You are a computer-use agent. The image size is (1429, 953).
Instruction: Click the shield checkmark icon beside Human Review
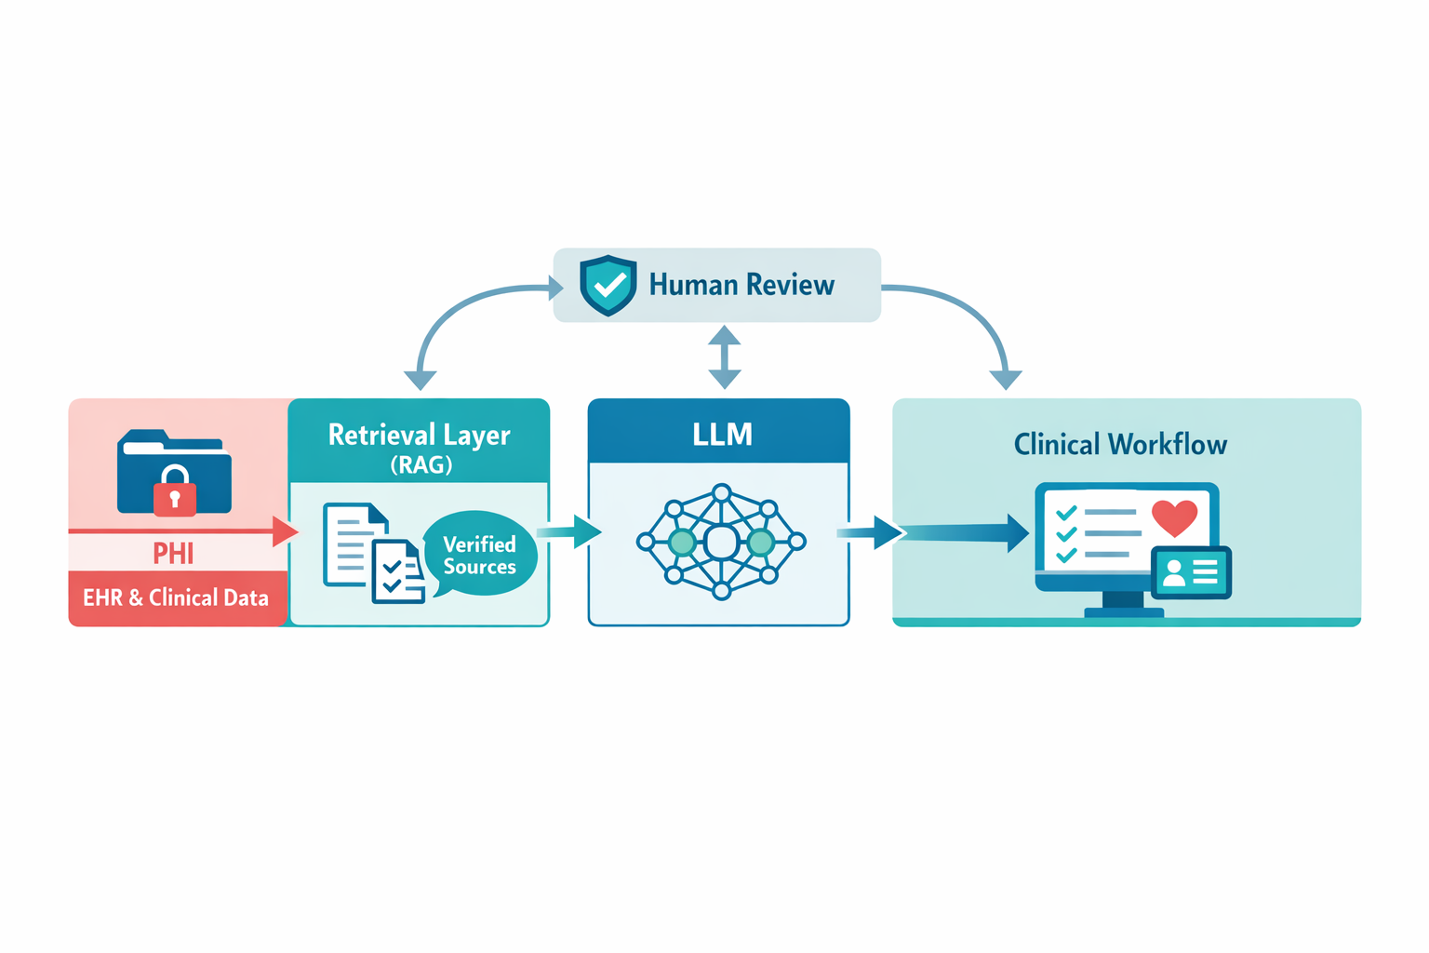[x=608, y=285]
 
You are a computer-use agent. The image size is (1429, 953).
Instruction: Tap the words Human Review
[x=741, y=285]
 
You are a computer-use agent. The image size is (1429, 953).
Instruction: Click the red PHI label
[x=174, y=554]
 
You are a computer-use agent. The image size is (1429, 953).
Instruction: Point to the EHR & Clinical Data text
[x=176, y=597]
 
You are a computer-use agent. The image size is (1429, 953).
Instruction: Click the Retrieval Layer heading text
[x=420, y=435]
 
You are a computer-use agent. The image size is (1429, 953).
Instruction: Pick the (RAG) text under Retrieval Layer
[x=421, y=464]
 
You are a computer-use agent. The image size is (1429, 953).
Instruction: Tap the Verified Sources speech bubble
[x=480, y=555]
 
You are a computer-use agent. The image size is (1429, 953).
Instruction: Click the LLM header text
[x=722, y=435]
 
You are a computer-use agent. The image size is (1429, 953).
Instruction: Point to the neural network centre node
[x=721, y=542]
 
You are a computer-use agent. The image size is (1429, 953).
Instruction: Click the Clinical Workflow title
[x=1120, y=445]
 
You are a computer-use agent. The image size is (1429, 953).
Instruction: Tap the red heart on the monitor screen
[x=1174, y=517]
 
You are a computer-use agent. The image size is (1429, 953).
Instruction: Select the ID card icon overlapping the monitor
[x=1191, y=571]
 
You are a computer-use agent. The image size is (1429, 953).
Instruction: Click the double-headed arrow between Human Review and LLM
[x=724, y=356]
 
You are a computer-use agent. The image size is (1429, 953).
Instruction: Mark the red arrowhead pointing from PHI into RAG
[x=285, y=531]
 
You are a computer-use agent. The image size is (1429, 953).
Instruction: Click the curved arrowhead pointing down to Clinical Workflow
[x=1006, y=379]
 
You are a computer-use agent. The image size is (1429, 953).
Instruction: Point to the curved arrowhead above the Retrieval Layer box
[x=421, y=379]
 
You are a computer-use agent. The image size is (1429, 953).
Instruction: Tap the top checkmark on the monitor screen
[x=1066, y=513]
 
